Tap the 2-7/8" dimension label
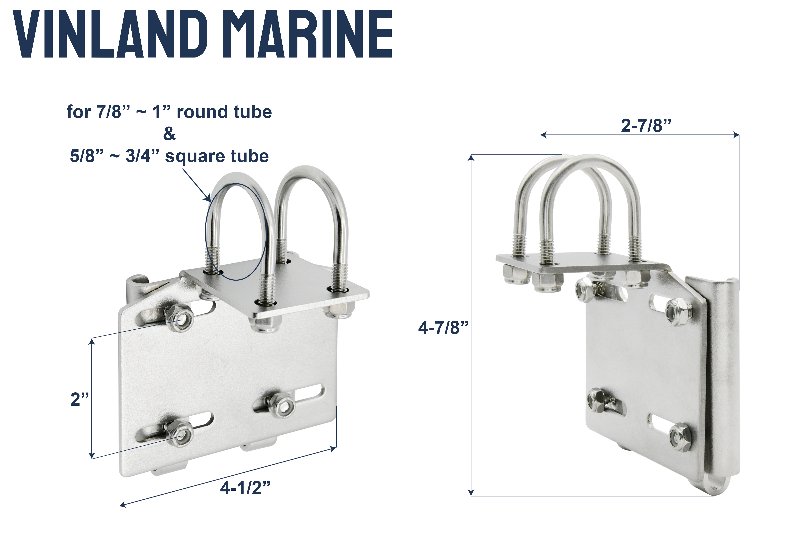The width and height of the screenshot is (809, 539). coord(646,126)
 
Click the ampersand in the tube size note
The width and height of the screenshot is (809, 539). coord(169,134)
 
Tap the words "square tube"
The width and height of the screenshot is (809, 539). coord(217,156)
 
